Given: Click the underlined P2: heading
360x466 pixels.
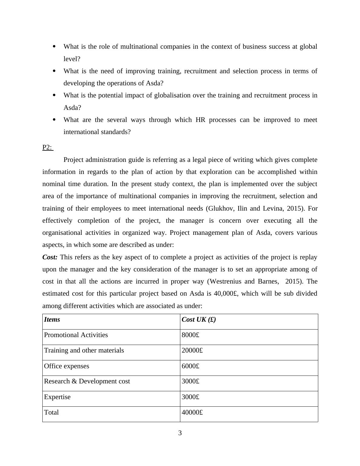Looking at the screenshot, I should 47,147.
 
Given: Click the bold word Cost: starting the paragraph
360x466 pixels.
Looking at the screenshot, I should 50,257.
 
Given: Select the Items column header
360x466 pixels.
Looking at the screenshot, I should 52,320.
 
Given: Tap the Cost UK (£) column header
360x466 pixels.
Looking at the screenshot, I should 198,320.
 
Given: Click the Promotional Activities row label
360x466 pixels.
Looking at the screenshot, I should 76,335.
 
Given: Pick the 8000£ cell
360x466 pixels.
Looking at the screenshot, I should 190,335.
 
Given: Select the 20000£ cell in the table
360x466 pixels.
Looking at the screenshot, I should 192,350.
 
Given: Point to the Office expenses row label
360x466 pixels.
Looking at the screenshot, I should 67,366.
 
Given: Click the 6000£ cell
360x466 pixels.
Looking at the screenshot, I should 190,366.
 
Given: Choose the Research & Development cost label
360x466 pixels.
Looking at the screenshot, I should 87,381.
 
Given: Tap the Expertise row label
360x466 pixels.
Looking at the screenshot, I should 57,397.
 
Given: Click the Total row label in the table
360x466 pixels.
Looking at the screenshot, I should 51,412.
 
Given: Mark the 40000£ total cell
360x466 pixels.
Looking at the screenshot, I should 192,412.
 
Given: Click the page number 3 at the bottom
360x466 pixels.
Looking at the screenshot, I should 180,433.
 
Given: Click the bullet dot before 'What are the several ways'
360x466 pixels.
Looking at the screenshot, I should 54,120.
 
